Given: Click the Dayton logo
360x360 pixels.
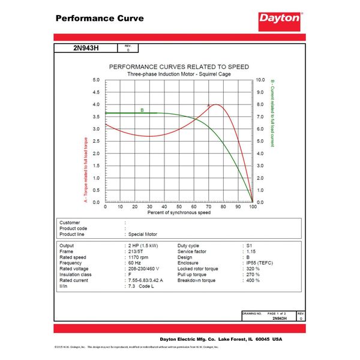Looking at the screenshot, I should click(280, 19).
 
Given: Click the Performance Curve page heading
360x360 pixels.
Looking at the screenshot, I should click(100, 18).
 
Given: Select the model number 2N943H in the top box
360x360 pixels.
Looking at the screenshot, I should click(86, 49).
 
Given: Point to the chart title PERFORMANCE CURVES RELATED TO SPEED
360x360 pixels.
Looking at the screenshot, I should click(178, 67).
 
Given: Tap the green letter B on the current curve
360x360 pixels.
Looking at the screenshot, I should click(142, 110).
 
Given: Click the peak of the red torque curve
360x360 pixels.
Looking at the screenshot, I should click(215, 104).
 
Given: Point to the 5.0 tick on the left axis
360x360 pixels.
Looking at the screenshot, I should click(96, 79).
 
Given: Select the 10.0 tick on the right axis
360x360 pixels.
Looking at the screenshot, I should click(260, 79).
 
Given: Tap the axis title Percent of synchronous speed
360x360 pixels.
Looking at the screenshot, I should click(179, 213).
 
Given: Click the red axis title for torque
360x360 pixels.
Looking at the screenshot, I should click(85, 170).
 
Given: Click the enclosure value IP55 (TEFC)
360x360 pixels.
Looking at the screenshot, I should click(259, 263).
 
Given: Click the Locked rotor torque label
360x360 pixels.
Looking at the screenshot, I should click(198, 269).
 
